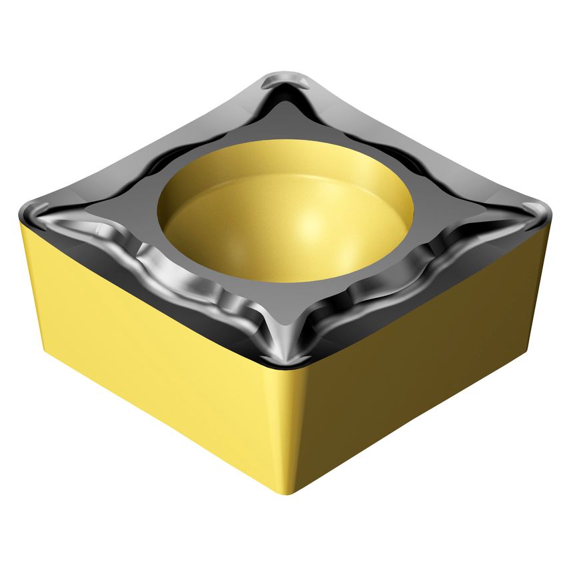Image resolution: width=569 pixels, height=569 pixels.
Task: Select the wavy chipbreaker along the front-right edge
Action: [x=413, y=280]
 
